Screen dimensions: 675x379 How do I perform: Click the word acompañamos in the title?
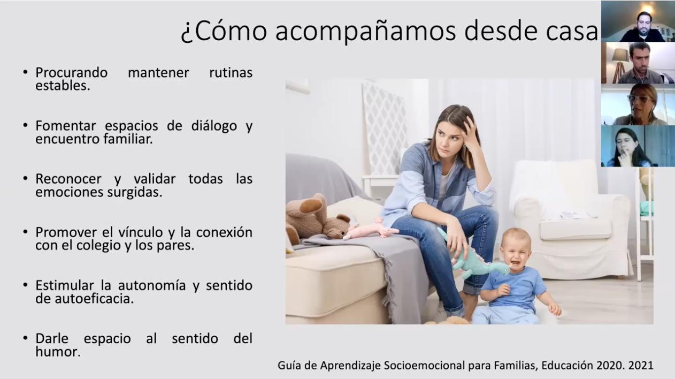[x=365, y=32]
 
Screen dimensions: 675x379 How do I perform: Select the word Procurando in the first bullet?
[x=72, y=73]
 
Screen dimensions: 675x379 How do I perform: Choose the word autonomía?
[x=151, y=285]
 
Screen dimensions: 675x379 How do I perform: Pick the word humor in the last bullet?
[x=58, y=352]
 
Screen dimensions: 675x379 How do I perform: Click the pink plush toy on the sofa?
[x=371, y=231]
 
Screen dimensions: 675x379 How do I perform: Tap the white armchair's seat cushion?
[x=576, y=229]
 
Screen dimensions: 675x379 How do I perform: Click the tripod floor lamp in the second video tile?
[x=620, y=65]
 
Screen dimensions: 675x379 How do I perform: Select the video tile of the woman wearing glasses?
[x=638, y=104]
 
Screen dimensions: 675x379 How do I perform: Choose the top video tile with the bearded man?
[x=638, y=21]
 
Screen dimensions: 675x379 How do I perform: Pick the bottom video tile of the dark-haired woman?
[x=638, y=146]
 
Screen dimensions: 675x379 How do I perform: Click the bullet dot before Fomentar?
[x=25, y=125]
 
